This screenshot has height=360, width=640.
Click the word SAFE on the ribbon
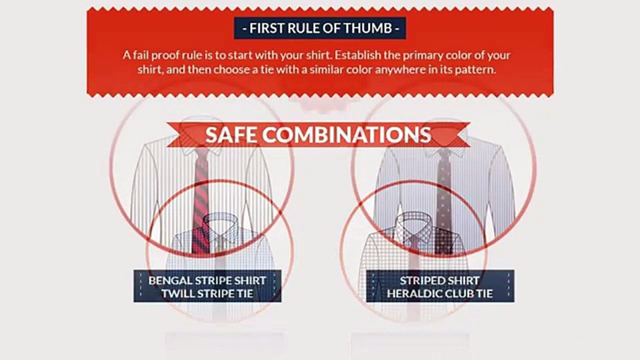(x=231, y=135)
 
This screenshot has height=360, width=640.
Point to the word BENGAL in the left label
(x=170, y=280)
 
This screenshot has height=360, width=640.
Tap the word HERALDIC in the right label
(x=413, y=293)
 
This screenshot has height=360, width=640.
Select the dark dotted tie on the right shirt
(x=443, y=200)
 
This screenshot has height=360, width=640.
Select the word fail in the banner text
(x=140, y=55)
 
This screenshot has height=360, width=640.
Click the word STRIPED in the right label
(x=419, y=280)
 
